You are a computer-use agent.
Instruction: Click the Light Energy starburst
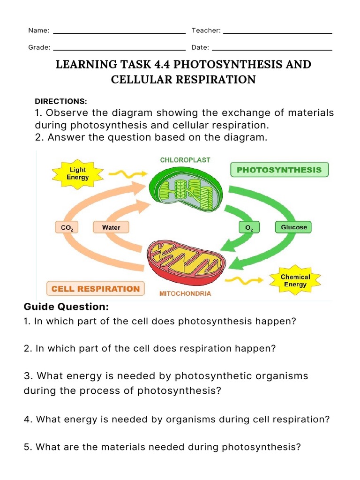pos(77,174)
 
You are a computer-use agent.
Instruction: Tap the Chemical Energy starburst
pos(295,280)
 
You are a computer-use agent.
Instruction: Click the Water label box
pos(111,228)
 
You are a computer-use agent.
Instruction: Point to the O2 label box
pos(249,228)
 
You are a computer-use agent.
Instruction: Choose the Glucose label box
pos(293,227)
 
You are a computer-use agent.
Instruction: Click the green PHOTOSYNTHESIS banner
pos(279,170)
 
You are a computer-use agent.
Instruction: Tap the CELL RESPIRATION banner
pos(95,289)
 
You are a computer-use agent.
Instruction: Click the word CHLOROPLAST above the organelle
pos(185,160)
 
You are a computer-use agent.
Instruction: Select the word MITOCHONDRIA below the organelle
pos(186,294)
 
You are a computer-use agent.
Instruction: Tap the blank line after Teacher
pos(277,33)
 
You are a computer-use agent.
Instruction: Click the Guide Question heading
pos(66,307)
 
